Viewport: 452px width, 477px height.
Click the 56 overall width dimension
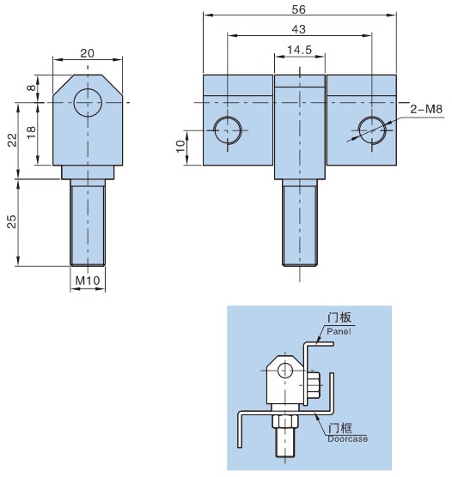[x=298, y=9]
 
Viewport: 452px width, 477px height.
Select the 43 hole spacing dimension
[x=298, y=29]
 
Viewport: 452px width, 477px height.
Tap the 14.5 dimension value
[x=300, y=50]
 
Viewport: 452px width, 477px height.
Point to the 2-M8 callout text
[x=426, y=109]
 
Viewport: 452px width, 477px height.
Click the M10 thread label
[x=88, y=281]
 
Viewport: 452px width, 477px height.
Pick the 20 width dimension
[x=87, y=53]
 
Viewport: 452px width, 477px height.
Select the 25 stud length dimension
[x=11, y=221]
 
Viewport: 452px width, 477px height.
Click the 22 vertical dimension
[x=12, y=140]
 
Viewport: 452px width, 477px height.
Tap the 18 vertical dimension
[x=31, y=133]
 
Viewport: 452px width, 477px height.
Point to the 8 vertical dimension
[x=31, y=88]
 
